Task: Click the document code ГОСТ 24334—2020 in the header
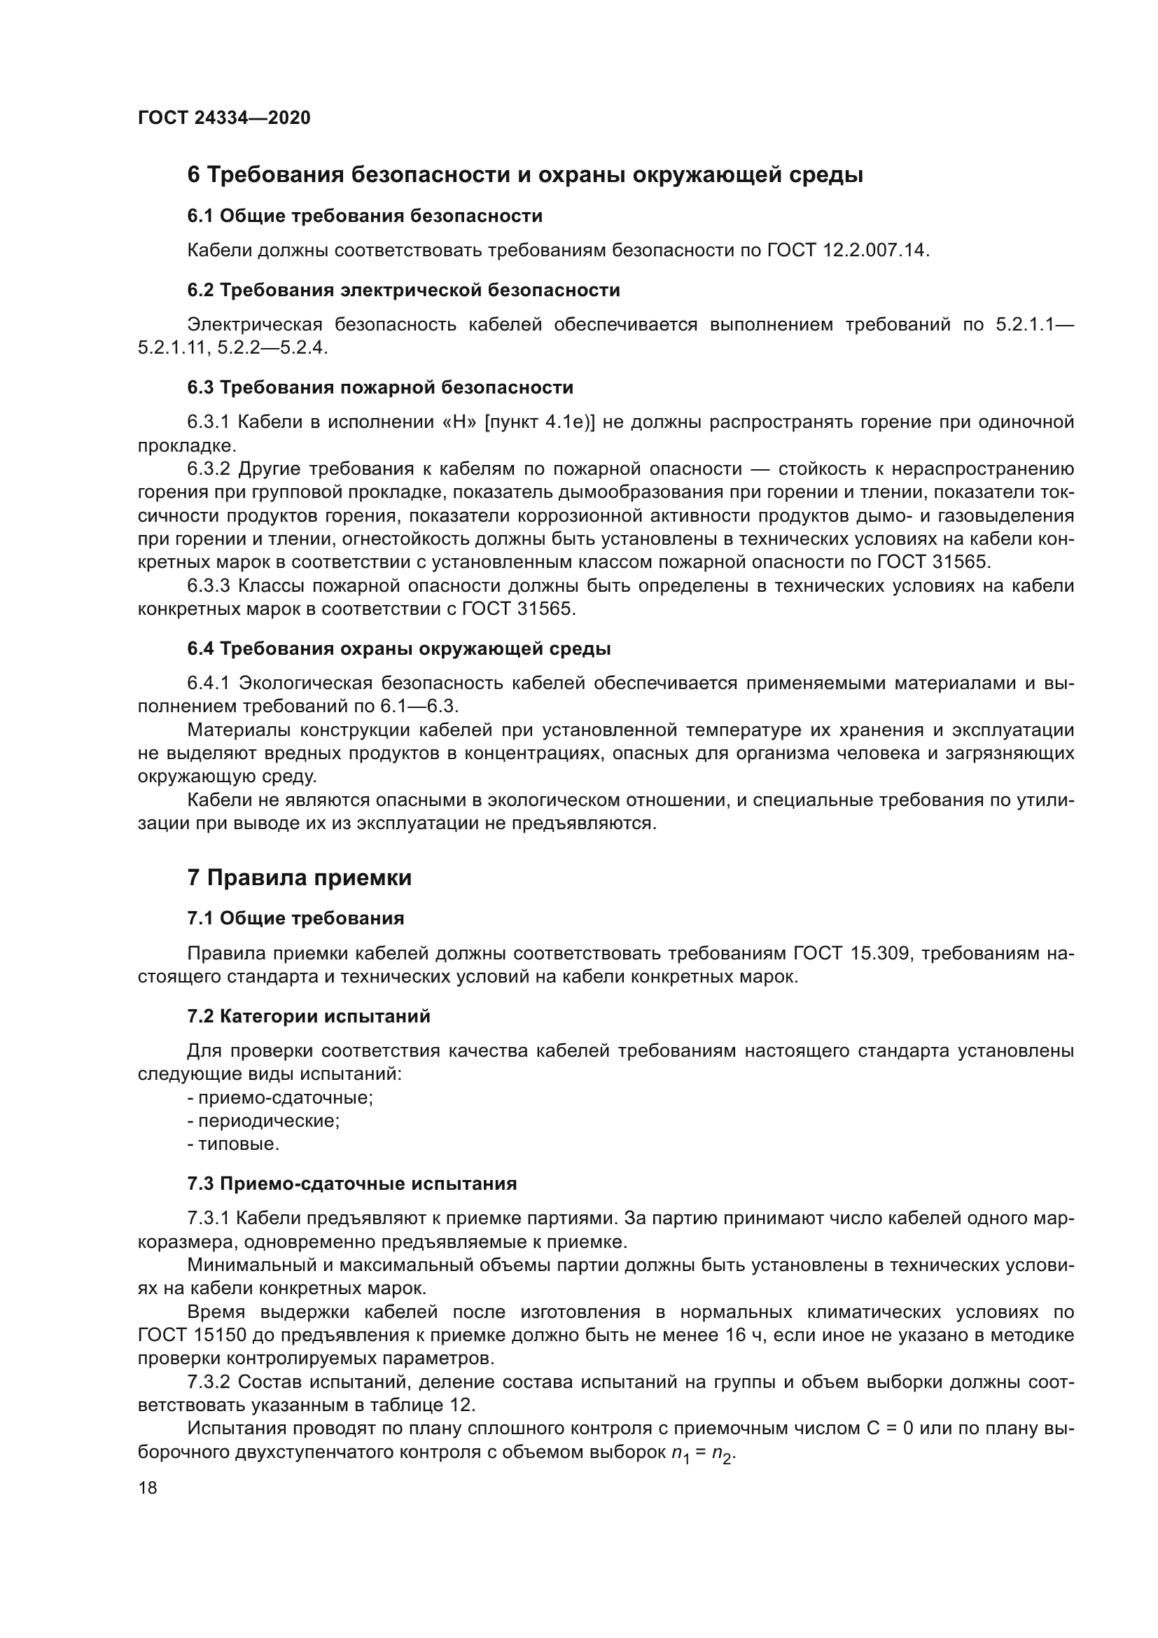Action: click(x=224, y=118)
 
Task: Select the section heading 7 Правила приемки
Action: click(x=300, y=877)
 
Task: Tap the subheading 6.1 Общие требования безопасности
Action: click(x=364, y=216)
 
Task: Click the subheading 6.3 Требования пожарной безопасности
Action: click(x=380, y=387)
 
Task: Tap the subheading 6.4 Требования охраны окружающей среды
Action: click(x=398, y=648)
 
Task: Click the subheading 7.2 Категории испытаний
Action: click(x=309, y=1016)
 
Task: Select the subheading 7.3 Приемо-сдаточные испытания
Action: click(x=351, y=1184)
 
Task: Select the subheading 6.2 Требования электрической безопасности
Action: click(x=403, y=290)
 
